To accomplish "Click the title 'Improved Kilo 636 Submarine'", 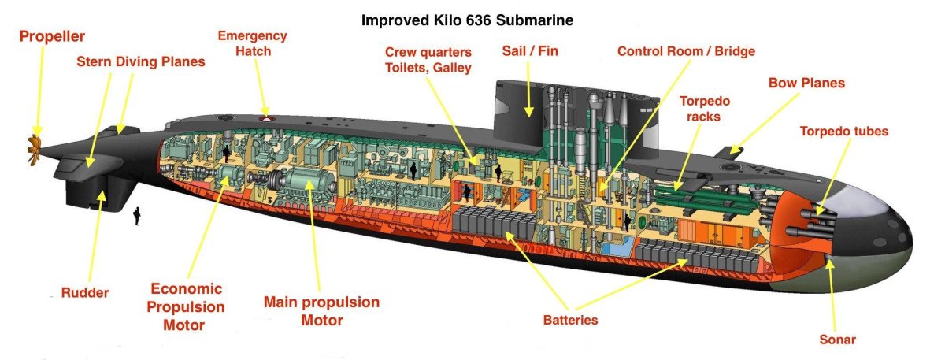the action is pos(468,20).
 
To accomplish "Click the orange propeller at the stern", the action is pos(34,150).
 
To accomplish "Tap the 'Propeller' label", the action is pos(52,37).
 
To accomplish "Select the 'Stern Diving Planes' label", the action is pos(141,61).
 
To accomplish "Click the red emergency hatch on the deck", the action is pos(266,119).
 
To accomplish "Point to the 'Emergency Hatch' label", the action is pos(253,43).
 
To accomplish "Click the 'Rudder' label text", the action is pos(85,292).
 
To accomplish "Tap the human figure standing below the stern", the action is pos(137,216).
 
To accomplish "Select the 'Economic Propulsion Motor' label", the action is pos(186,306).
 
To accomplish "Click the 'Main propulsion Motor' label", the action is pos(322,311).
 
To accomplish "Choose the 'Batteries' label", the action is pos(570,320).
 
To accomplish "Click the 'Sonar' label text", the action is pos(837,340).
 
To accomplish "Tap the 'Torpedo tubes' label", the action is pos(844,132).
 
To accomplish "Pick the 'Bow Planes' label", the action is pos(806,83).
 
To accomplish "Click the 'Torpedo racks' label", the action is pos(705,109).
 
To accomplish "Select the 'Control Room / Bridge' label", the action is pos(687,51).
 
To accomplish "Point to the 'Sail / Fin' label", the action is pos(530,51).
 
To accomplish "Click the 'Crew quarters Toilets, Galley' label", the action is pos(428,60).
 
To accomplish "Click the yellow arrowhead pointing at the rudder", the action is pos(102,196).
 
